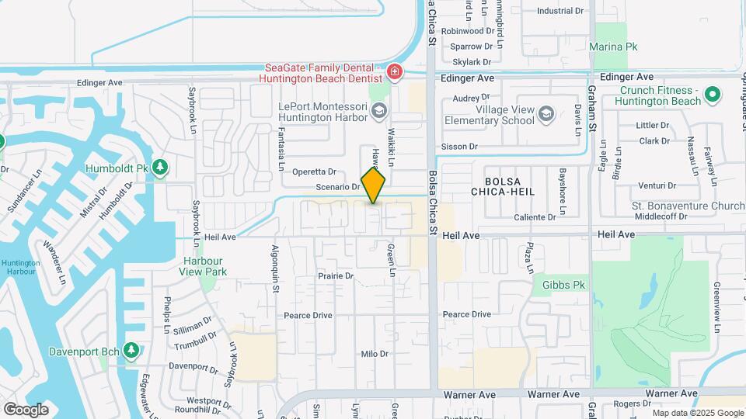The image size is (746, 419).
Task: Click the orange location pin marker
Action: [373, 185]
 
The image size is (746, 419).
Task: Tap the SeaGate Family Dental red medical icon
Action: [395, 73]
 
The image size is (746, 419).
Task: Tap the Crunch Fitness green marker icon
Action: [712, 96]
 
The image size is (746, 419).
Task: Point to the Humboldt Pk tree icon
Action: [159, 167]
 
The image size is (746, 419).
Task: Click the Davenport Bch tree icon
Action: [131, 351]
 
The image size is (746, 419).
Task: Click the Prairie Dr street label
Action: [336, 275]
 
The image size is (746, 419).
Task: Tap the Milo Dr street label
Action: [374, 354]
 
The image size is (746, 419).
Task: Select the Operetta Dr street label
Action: [314, 171]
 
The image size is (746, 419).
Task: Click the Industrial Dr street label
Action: [559, 11]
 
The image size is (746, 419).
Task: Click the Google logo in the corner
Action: [26, 409]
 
